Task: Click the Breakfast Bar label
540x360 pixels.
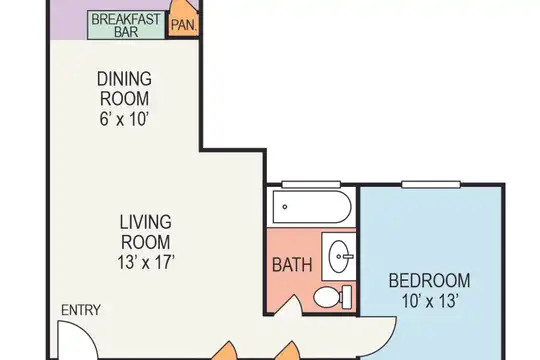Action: pos(126,25)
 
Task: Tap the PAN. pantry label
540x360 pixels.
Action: pos(184,25)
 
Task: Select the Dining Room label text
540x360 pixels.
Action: pos(124,89)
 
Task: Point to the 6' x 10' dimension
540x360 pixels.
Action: pos(124,119)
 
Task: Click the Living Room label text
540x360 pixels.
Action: pos(145,232)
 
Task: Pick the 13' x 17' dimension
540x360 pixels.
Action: pos(146,263)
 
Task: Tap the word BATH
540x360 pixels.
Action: pos(292,265)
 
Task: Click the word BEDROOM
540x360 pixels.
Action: pos(429,280)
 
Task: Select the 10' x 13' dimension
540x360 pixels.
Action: pos(430,301)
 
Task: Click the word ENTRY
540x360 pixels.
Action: pos(81,310)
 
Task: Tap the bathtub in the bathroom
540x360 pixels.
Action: pos(312,207)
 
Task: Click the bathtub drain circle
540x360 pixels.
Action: pos(285,207)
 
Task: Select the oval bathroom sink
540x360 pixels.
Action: pos(338,256)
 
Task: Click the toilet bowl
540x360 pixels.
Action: pos(327,298)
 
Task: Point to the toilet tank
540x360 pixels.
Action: pos(346,297)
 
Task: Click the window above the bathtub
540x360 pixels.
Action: pos(311,184)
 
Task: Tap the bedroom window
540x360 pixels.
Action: pos(431,184)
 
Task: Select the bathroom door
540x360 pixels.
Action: pos(289,306)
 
